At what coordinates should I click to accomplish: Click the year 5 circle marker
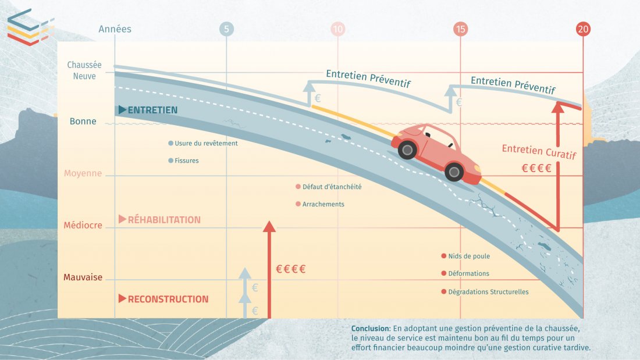[x=226, y=29]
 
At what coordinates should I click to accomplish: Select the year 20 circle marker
[x=583, y=29]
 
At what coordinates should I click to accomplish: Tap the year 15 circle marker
[x=460, y=29]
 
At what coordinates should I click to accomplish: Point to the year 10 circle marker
[x=337, y=29]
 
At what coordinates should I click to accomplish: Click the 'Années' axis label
[x=115, y=29]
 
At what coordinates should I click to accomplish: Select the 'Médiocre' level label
[x=83, y=226]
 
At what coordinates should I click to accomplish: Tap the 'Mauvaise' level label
[x=83, y=277]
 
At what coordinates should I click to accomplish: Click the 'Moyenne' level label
[x=83, y=173]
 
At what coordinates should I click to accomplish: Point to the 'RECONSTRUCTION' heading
[x=168, y=299]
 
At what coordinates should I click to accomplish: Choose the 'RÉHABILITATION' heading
[x=164, y=220]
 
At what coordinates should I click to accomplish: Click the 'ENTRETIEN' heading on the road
[x=152, y=110]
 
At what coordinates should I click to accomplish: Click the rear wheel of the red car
[x=407, y=151]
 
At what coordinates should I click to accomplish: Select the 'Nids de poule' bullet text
[x=469, y=256]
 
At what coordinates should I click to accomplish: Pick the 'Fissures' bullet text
[x=186, y=161]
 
